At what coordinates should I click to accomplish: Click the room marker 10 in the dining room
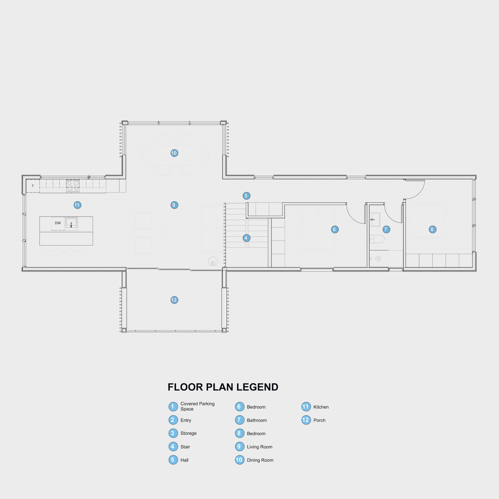click(x=174, y=153)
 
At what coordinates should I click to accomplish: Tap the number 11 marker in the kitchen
click(x=77, y=205)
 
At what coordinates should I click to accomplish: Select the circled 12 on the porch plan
click(x=174, y=300)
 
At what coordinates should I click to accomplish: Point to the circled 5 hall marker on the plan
click(x=246, y=196)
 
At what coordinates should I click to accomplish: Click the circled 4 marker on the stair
click(x=246, y=238)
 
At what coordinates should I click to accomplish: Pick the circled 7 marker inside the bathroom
click(x=386, y=229)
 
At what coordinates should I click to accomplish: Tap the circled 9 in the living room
click(x=174, y=205)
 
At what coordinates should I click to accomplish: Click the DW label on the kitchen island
click(x=58, y=223)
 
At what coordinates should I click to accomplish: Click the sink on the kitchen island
click(x=71, y=222)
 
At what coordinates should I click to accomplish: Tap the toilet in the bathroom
click(x=377, y=239)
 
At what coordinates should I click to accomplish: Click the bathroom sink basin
click(x=375, y=219)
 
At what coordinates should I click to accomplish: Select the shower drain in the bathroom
click(x=378, y=259)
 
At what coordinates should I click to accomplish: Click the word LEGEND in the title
click(x=257, y=387)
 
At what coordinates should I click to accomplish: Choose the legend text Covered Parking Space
click(x=197, y=406)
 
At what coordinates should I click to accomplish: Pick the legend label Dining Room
click(x=260, y=460)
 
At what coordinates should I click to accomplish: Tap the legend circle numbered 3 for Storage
click(x=173, y=433)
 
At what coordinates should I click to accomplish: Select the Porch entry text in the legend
click(x=319, y=420)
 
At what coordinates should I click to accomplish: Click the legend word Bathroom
click(x=257, y=420)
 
